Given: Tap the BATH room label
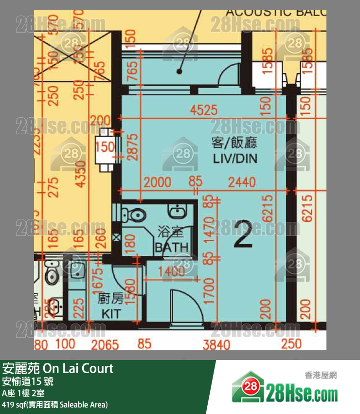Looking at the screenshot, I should click(171, 248).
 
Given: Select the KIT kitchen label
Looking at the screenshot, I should click(110, 314).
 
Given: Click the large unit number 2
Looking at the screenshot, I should click(243, 234).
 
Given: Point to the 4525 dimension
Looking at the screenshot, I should click(204, 110).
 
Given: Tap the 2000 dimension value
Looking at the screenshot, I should click(158, 182).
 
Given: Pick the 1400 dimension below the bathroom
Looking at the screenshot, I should click(171, 272).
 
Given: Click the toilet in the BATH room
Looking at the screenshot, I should click(134, 214).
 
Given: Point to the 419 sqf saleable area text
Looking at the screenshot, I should click(55, 404).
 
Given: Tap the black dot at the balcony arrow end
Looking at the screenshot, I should click(180, 71).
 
